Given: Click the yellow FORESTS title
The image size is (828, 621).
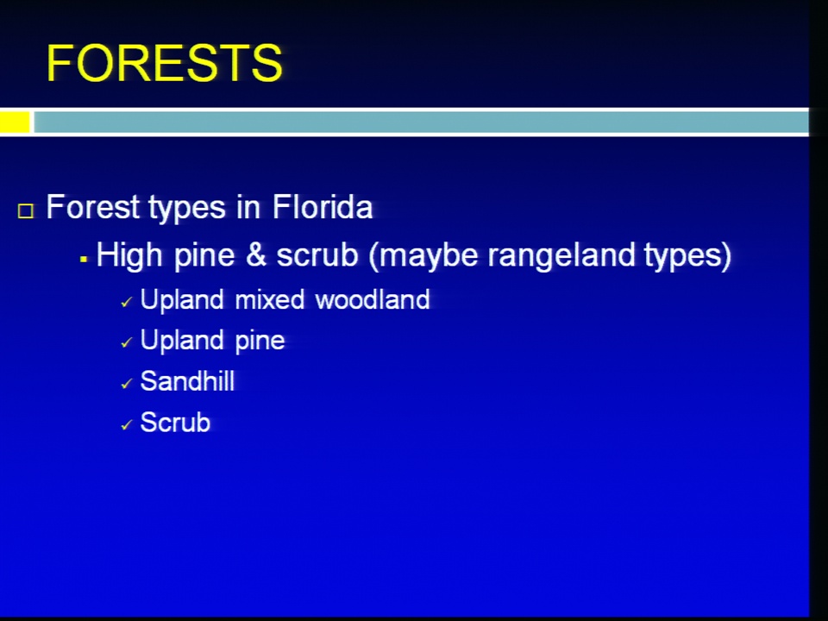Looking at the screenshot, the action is click(165, 63).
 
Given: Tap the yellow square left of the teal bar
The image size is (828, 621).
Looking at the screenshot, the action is click(15, 122).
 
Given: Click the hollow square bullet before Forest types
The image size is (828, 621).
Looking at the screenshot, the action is click(25, 210).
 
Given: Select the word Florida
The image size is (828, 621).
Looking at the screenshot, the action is click(323, 206).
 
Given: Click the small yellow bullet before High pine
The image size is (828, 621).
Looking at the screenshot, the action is click(84, 260).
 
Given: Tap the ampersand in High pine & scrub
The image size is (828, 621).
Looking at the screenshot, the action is click(255, 254).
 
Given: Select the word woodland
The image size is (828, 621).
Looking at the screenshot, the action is click(373, 299).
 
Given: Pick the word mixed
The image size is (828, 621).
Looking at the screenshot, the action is click(270, 299).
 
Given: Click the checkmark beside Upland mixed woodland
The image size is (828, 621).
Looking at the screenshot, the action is click(126, 303).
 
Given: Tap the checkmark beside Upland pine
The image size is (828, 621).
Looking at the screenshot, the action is click(126, 343).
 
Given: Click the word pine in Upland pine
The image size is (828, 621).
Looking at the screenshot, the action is click(260, 342).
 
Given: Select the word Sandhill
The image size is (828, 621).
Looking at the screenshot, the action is click(187, 380).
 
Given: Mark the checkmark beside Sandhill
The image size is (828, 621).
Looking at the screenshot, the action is click(126, 384).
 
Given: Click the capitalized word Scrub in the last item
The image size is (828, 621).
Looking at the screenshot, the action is click(175, 423).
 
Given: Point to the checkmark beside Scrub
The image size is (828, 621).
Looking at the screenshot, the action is click(126, 425).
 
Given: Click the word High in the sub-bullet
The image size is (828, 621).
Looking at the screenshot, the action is click(129, 255).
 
